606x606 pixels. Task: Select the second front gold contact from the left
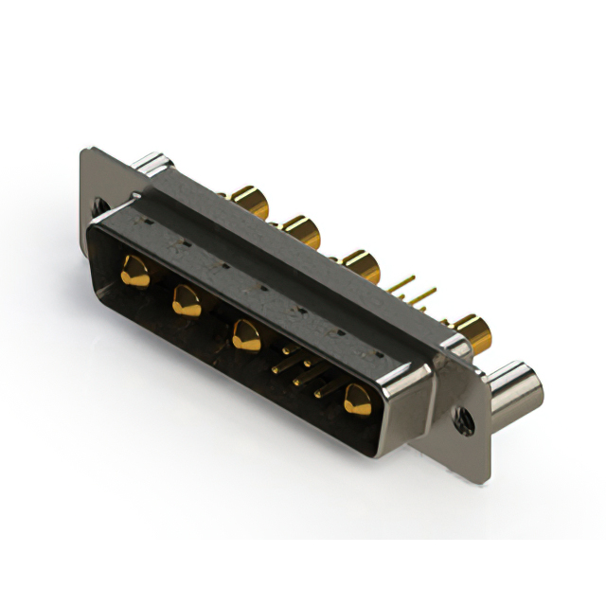185,301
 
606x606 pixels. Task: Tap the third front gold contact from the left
246,334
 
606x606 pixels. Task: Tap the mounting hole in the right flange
465,415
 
